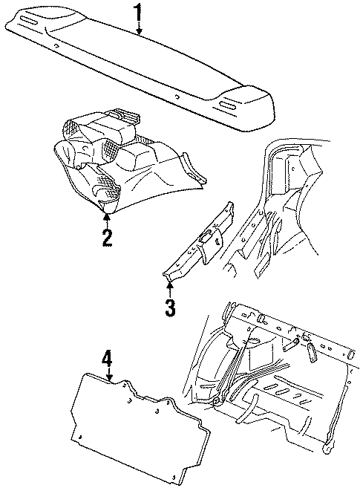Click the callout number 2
[108, 238]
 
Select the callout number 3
[170, 307]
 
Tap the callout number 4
[108, 360]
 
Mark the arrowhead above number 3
[170, 282]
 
